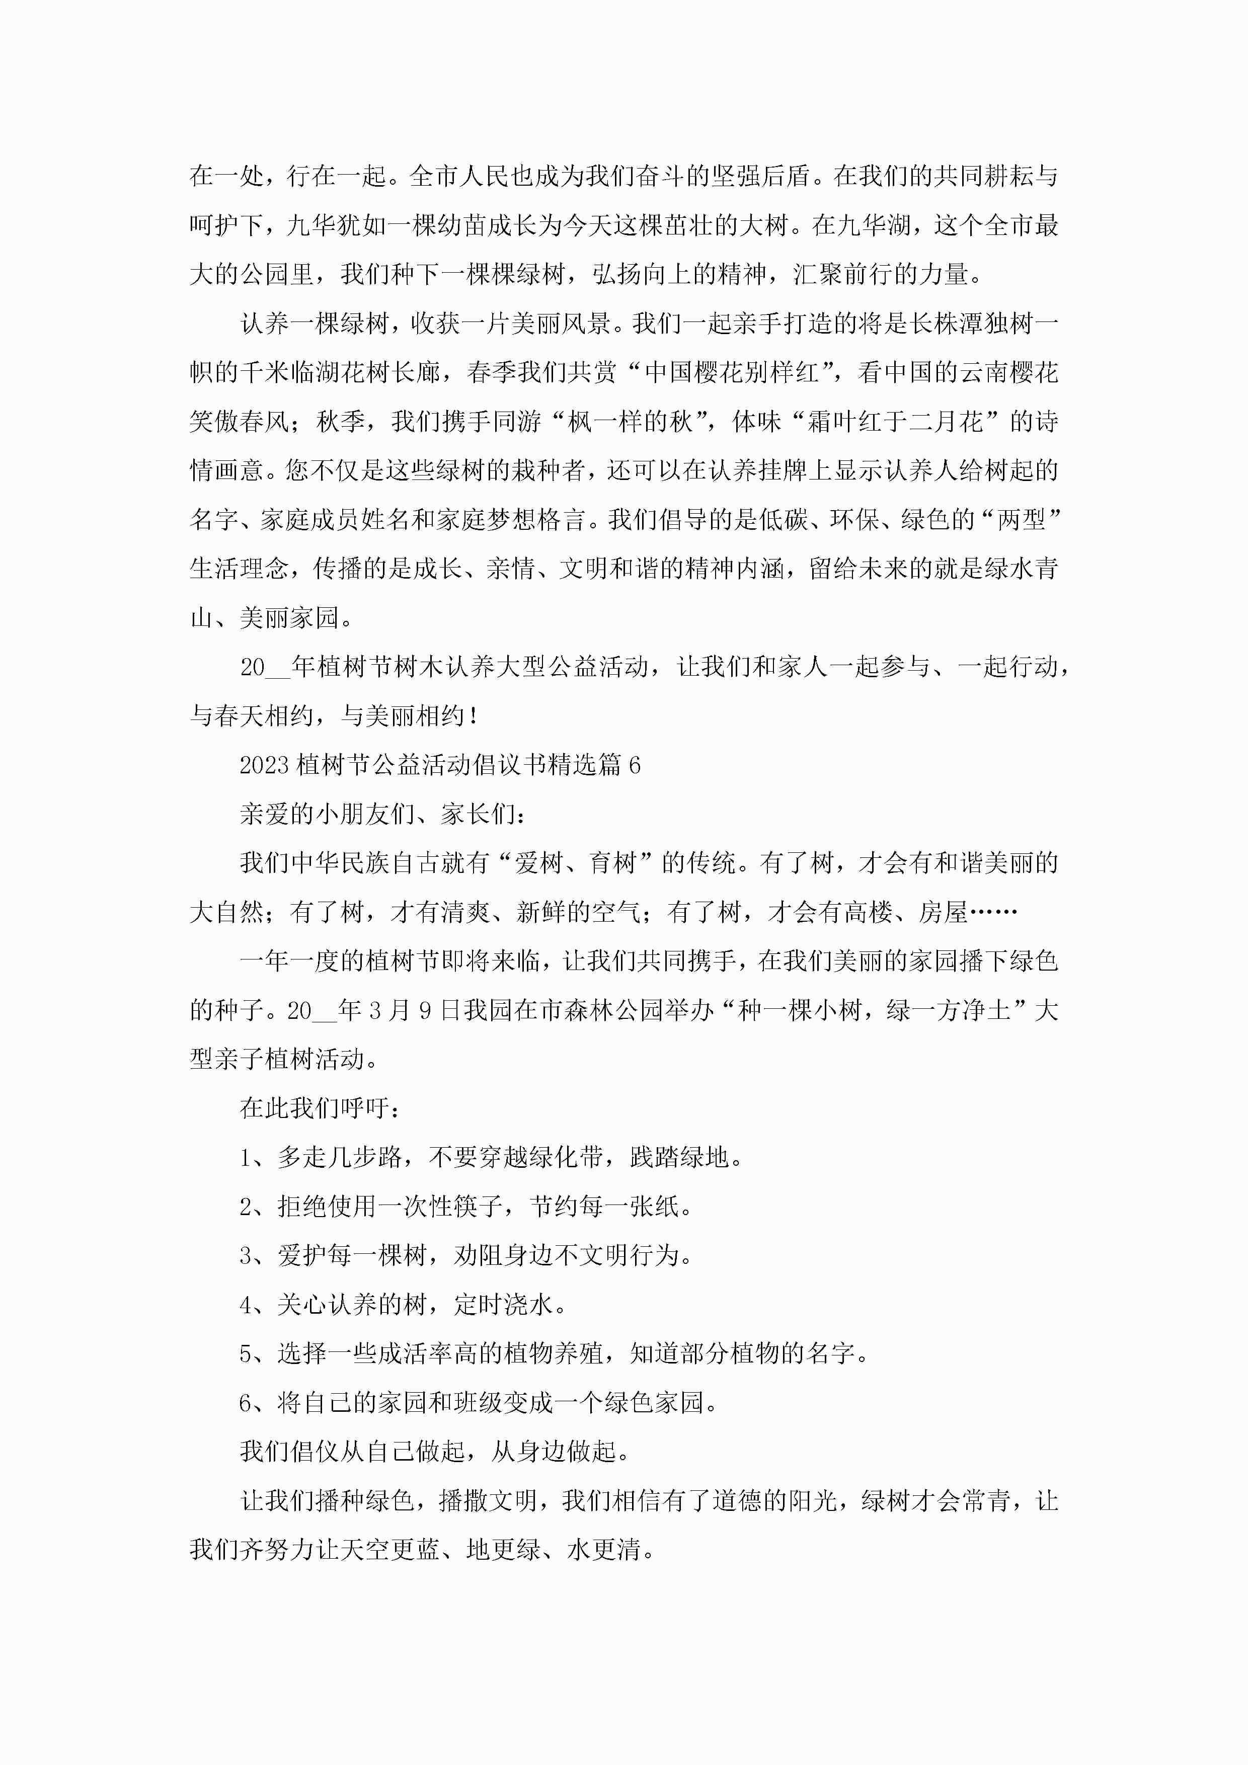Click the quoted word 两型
pyautogui.click(x=1021, y=520)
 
